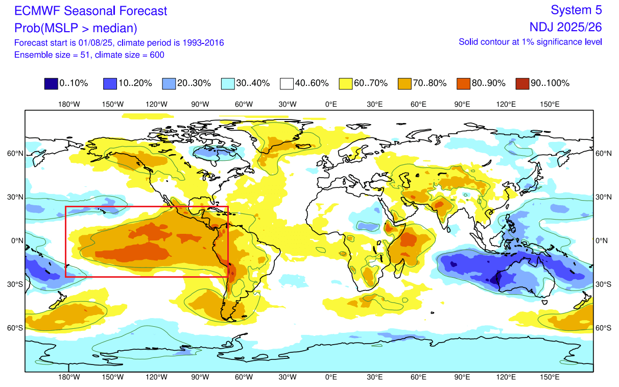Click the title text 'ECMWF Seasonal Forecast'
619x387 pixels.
(x=90, y=10)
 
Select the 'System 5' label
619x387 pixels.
(x=577, y=10)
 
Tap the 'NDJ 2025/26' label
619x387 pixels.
(x=566, y=27)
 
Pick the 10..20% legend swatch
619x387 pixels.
(x=110, y=83)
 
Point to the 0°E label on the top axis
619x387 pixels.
(x=331, y=104)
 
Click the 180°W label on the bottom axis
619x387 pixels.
(x=69, y=377)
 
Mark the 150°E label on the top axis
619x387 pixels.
(x=550, y=104)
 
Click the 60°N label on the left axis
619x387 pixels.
(x=15, y=154)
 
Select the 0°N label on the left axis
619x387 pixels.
(x=16, y=240)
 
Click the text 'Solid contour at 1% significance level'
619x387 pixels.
(x=530, y=42)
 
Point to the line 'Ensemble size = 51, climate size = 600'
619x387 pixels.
(x=89, y=55)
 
